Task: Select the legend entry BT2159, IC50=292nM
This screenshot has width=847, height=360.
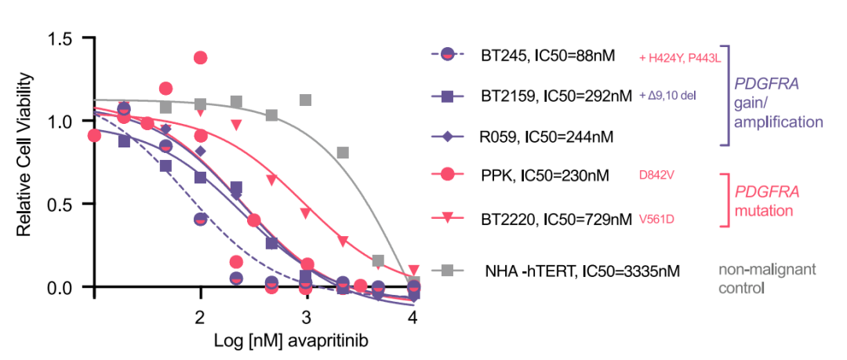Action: point(556,96)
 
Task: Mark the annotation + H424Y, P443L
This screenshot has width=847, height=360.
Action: point(679,56)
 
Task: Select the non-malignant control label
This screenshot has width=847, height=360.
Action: point(767,278)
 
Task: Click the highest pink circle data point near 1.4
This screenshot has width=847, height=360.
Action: point(200,58)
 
